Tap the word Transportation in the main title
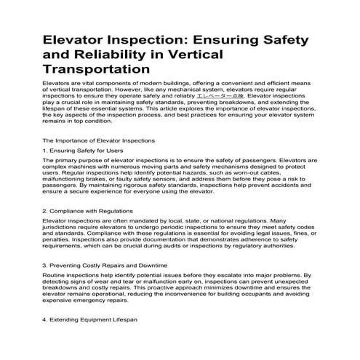[96, 71]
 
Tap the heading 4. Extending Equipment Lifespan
[89, 319]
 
